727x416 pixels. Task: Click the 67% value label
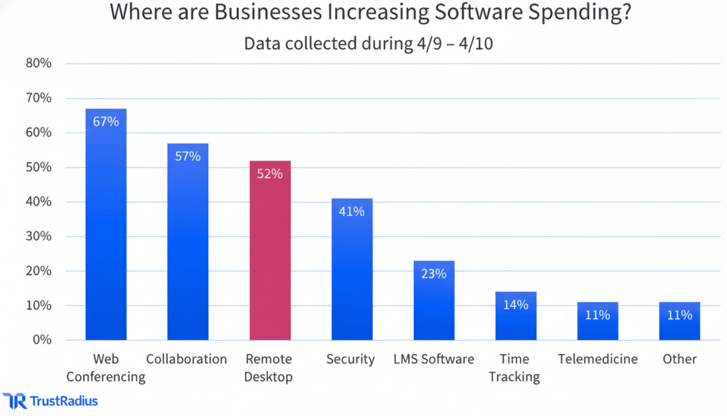click(106, 122)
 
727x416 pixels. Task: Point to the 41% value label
click(352, 211)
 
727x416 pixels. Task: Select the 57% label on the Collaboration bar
click(188, 157)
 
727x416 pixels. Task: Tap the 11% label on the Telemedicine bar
click(597, 315)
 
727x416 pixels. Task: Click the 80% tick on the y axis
click(38, 63)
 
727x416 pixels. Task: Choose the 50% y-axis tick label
click(38, 167)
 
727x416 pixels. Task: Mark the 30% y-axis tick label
click(38, 237)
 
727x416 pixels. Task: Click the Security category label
click(351, 359)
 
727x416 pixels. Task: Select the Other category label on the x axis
click(679, 359)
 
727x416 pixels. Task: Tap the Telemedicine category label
click(598, 359)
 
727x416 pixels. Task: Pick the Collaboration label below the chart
click(187, 359)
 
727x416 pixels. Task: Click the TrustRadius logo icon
click(14, 401)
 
